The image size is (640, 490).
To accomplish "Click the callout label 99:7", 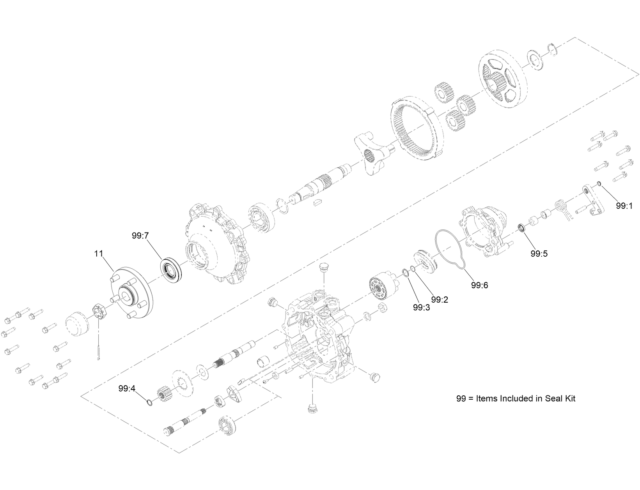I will coord(141,236).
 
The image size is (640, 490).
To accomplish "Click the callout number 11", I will coord(98,254).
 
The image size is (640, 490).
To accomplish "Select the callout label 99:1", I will coord(624,206).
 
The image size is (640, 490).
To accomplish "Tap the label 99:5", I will coord(539,254).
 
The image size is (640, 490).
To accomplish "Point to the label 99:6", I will coord(479,285).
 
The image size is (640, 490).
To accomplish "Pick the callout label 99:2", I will coord(440,300).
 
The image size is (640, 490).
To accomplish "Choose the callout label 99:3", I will coord(421,307).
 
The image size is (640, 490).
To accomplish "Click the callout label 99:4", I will coord(127,388).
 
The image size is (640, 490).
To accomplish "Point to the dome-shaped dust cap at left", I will coord(76,323).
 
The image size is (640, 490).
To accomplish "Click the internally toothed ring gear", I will coord(417,127).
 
